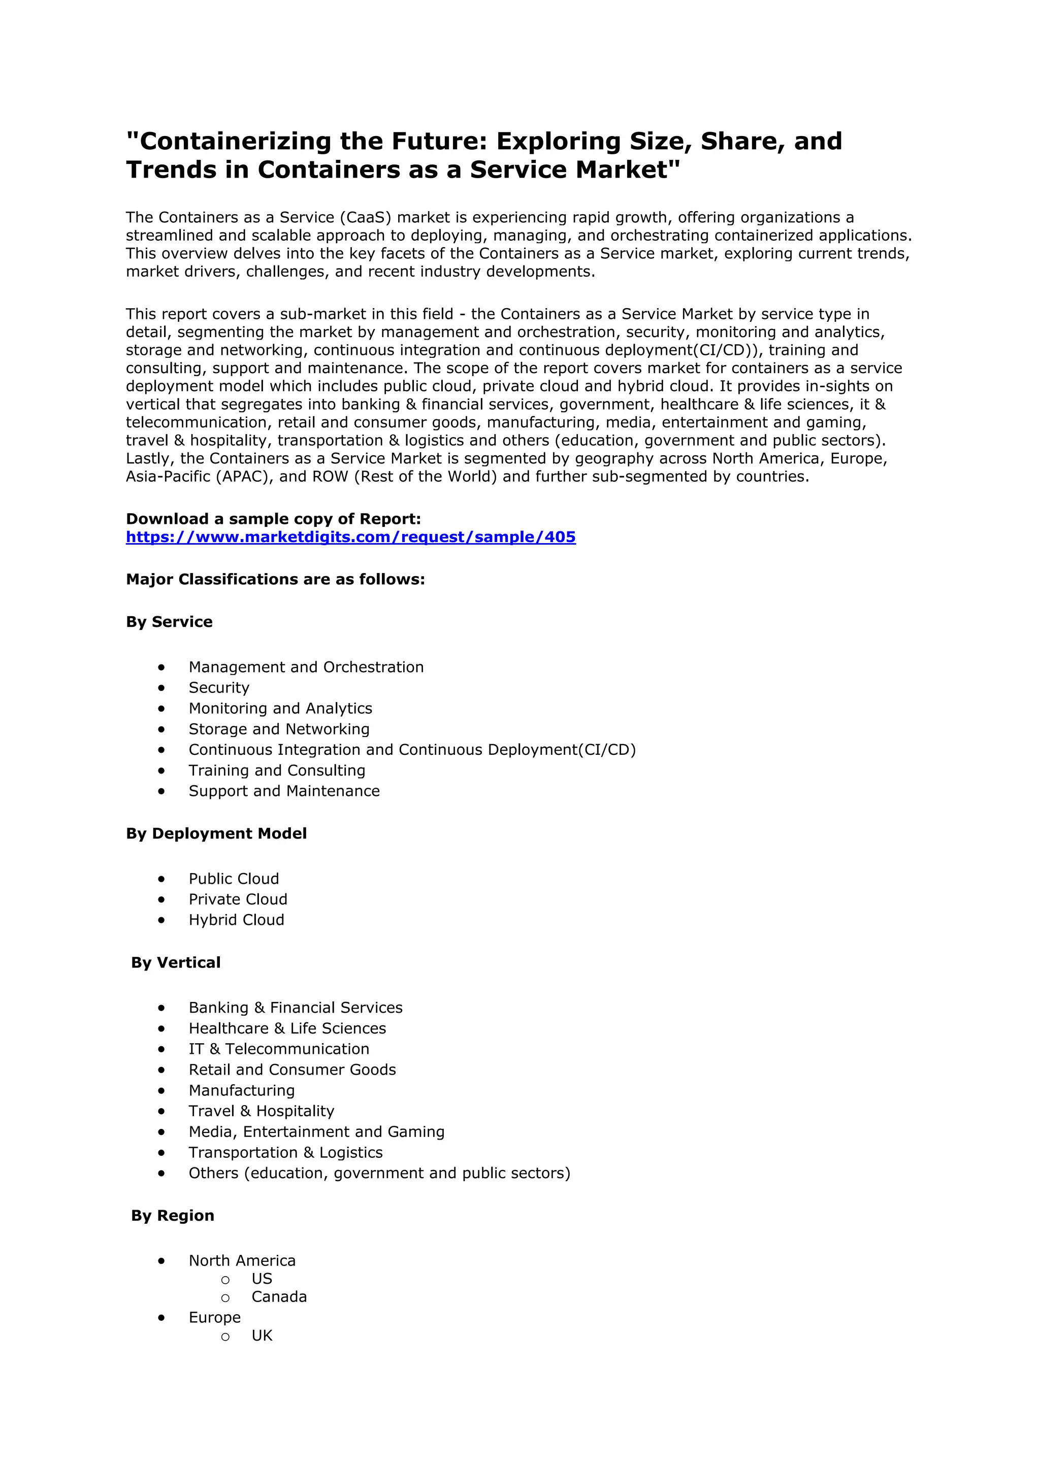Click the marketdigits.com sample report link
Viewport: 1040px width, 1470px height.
350,537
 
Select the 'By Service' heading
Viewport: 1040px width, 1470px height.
169,622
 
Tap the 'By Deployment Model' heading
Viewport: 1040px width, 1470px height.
216,833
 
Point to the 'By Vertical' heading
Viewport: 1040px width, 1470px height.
176,962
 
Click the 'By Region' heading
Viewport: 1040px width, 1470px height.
172,1215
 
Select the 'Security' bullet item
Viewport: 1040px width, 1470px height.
218,688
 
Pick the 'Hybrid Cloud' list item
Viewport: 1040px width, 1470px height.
236,920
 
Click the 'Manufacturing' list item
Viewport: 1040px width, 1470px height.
241,1090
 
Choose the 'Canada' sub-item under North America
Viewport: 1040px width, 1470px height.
279,1296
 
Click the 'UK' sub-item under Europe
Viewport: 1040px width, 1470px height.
262,1335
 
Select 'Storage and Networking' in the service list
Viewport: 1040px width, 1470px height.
279,729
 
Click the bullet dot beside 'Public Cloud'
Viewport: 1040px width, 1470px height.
161,879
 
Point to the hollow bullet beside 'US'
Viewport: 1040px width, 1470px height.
225,1280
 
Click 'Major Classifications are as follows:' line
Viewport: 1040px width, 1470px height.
275,579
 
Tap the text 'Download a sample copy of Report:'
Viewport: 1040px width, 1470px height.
273,519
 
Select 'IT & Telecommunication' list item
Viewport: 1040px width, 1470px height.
279,1049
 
